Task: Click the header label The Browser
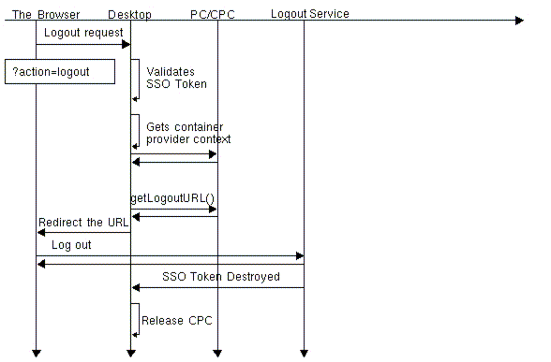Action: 46,14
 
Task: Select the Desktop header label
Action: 129,14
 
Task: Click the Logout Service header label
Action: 309,14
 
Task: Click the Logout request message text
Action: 82,32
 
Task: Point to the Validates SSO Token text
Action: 176,77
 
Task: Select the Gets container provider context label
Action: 187,133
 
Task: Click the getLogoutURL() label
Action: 172,198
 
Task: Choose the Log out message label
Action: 71,245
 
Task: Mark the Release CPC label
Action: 176,321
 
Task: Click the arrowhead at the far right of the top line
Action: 518,20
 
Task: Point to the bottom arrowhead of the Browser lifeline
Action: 36,353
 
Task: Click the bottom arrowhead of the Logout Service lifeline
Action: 304,353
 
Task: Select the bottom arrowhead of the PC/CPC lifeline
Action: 217,353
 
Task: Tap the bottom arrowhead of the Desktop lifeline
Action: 130,353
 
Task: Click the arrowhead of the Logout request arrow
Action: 125,44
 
